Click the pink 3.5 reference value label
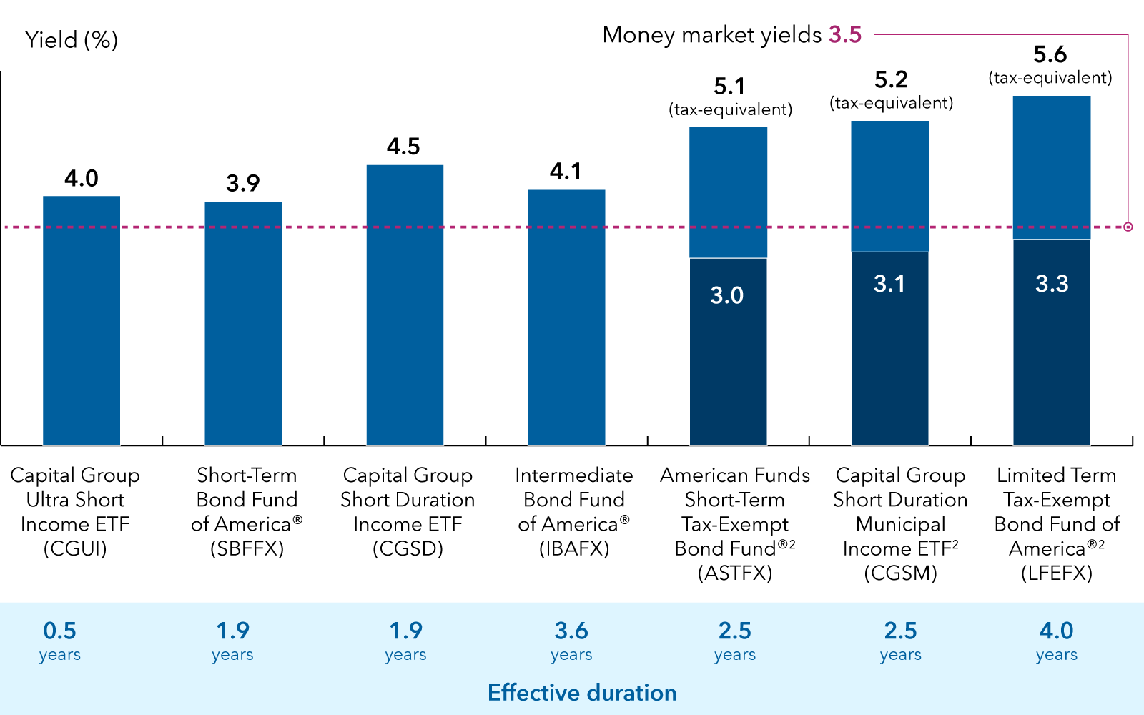click(845, 34)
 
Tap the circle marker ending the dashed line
click(1128, 227)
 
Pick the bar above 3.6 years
click(566, 317)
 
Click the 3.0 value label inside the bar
click(727, 295)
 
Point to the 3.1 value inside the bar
click(889, 284)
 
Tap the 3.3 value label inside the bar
click(1052, 284)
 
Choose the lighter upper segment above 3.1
click(889, 185)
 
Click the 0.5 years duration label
click(60, 641)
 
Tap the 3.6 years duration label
click(571, 641)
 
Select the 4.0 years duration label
click(1057, 641)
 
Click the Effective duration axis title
click(582, 693)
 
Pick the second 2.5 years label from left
click(900, 641)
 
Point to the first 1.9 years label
click(232, 641)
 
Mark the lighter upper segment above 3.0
click(728, 192)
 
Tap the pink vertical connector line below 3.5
click(1128, 129)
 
